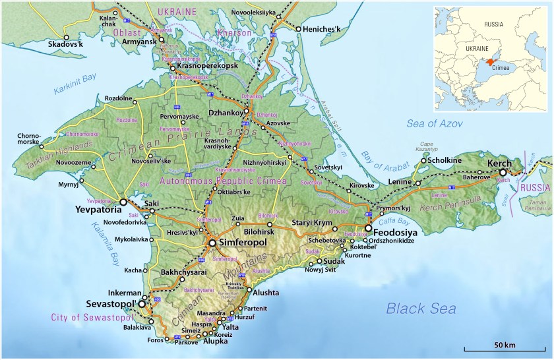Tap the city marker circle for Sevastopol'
pos(140,305)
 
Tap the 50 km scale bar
pos(505,348)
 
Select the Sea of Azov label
pos(435,124)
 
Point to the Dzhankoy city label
pos(226,112)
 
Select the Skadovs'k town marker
pos(66,37)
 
